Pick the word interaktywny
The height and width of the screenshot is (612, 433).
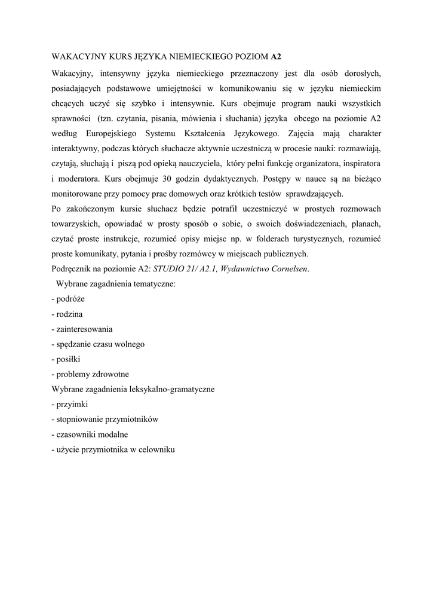coord(74,147)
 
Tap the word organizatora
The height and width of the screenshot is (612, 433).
coord(304,163)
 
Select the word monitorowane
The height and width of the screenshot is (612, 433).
coord(78,194)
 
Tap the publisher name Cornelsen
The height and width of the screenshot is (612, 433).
coord(289,270)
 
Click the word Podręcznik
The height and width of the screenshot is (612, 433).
coord(72,270)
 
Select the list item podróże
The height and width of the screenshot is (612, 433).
coord(70,299)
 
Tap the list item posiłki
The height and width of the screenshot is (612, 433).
coord(68,359)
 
